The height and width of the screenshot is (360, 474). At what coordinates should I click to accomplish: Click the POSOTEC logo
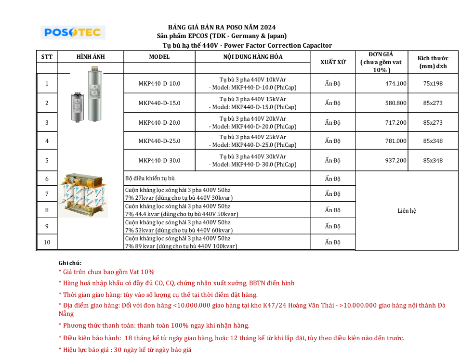(x=73, y=32)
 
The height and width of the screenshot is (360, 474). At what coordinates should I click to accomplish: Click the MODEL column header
(x=159, y=57)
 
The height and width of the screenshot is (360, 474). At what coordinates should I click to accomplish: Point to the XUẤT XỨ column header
(x=333, y=62)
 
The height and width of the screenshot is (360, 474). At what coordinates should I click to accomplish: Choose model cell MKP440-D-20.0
(x=159, y=123)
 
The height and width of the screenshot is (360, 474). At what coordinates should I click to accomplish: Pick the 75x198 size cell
(x=433, y=84)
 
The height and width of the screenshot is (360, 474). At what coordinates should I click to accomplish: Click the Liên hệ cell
(x=407, y=211)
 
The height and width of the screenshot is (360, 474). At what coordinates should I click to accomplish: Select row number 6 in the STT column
(x=47, y=179)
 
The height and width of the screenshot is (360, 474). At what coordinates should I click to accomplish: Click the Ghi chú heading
(x=70, y=263)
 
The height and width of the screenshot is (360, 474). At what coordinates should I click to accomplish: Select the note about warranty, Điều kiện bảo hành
(x=231, y=338)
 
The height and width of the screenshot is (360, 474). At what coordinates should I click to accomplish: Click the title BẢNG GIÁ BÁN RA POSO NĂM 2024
(x=222, y=27)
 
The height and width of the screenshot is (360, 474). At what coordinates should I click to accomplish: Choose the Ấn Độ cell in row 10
(x=332, y=242)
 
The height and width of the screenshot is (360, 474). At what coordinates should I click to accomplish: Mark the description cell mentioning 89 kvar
(x=181, y=242)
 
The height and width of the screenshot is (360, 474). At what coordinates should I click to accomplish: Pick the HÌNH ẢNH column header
(x=91, y=57)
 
